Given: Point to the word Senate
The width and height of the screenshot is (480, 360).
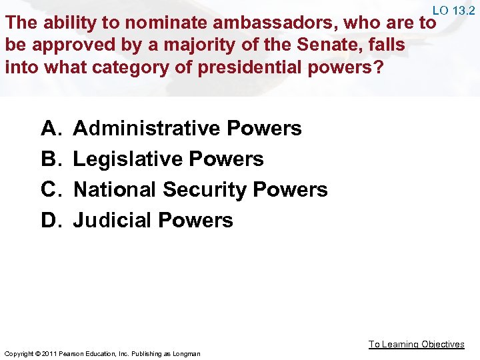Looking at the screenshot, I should point(304,45).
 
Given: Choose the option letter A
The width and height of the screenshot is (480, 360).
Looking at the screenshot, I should point(50,128).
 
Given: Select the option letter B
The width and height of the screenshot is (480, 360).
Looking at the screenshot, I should point(50,159).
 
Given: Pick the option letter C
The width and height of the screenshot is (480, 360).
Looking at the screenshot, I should point(50,189).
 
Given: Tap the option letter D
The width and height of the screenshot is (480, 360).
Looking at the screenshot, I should point(50,220).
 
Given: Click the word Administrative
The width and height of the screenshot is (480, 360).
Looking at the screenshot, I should point(146,128).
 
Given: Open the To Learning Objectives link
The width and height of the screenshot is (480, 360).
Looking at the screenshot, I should point(417,344).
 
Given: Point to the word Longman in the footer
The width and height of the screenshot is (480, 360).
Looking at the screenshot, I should point(186,353).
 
